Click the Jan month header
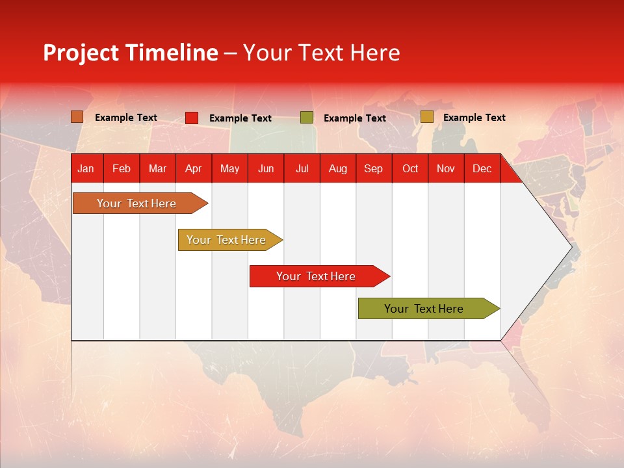point(86,169)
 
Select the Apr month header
point(193,169)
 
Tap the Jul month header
point(302,169)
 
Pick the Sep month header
point(373,169)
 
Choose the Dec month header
point(482,169)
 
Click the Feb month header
point(122,169)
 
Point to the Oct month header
point(410,169)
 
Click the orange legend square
point(77,117)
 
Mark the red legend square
point(192,118)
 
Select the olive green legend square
point(307,118)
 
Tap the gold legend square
point(427,117)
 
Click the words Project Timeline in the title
point(130,53)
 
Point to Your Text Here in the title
point(321,53)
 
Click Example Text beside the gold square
point(474,118)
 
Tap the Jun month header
point(266,169)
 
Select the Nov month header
point(446,169)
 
